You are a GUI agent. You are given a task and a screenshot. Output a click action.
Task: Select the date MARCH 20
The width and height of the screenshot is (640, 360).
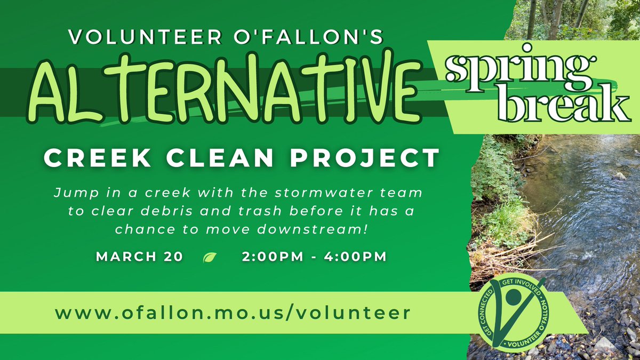pyautogui.click(x=139, y=257)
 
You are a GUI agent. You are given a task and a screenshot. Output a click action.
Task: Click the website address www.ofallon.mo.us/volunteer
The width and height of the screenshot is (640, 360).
pyautogui.click(x=233, y=313)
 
